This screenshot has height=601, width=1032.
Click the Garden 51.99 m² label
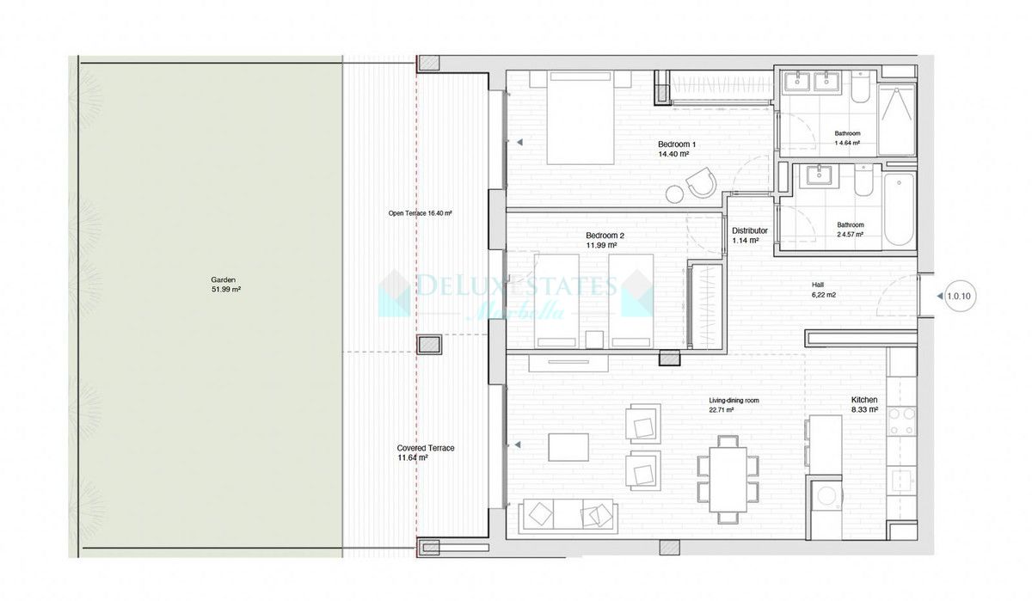tap(225, 285)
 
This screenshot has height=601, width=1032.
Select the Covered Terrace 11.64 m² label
tap(425, 453)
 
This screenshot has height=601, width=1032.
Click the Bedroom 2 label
tap(605, 240)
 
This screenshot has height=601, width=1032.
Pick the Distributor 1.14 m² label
tap(749, 236)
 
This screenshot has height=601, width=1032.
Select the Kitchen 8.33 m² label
tap(864, 405)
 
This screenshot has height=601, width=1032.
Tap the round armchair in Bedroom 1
tap(699, 181)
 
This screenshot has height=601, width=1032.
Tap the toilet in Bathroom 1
tap(861, 90)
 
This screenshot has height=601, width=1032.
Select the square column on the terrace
tap(429, 345)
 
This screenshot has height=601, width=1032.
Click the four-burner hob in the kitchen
tap(902, 421)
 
